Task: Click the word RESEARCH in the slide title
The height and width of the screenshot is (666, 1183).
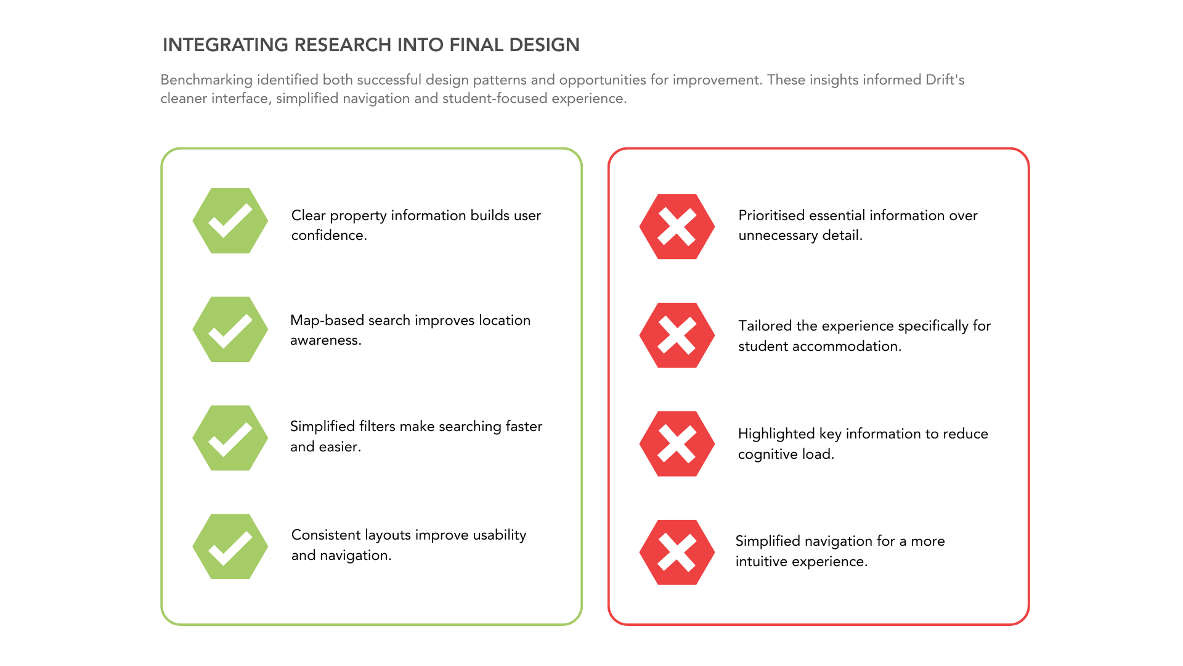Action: pos(342,45)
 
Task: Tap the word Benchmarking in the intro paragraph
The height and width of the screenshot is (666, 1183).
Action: pos(206,80)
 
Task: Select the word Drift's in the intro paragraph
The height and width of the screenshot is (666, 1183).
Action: pos(945,80)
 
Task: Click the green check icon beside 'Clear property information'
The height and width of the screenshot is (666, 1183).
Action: pos(230,221)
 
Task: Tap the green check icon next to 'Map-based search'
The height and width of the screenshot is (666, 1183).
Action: pos(230,329)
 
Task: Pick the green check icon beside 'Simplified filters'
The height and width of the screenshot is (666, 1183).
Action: pos(230,438)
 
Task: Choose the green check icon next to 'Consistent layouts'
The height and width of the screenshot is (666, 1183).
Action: pos(230,546)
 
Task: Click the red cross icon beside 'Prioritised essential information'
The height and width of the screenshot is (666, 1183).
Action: pos(677,226)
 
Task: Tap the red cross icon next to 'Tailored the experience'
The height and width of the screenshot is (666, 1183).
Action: pos(677,335)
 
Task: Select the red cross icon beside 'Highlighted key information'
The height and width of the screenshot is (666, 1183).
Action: pos(677,444)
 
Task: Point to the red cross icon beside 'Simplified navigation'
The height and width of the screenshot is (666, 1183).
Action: pos(677,553)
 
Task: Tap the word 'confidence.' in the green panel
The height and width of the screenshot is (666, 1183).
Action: pos(329,236)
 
